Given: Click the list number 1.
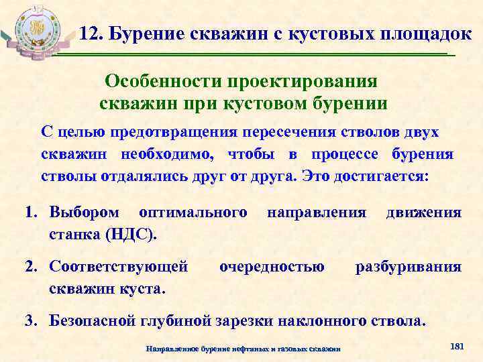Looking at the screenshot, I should pos(30,213).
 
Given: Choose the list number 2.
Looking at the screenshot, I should pos(30,267).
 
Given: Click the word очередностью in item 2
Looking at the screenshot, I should pos(272,267).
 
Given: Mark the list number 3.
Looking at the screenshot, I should pos(30,320).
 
